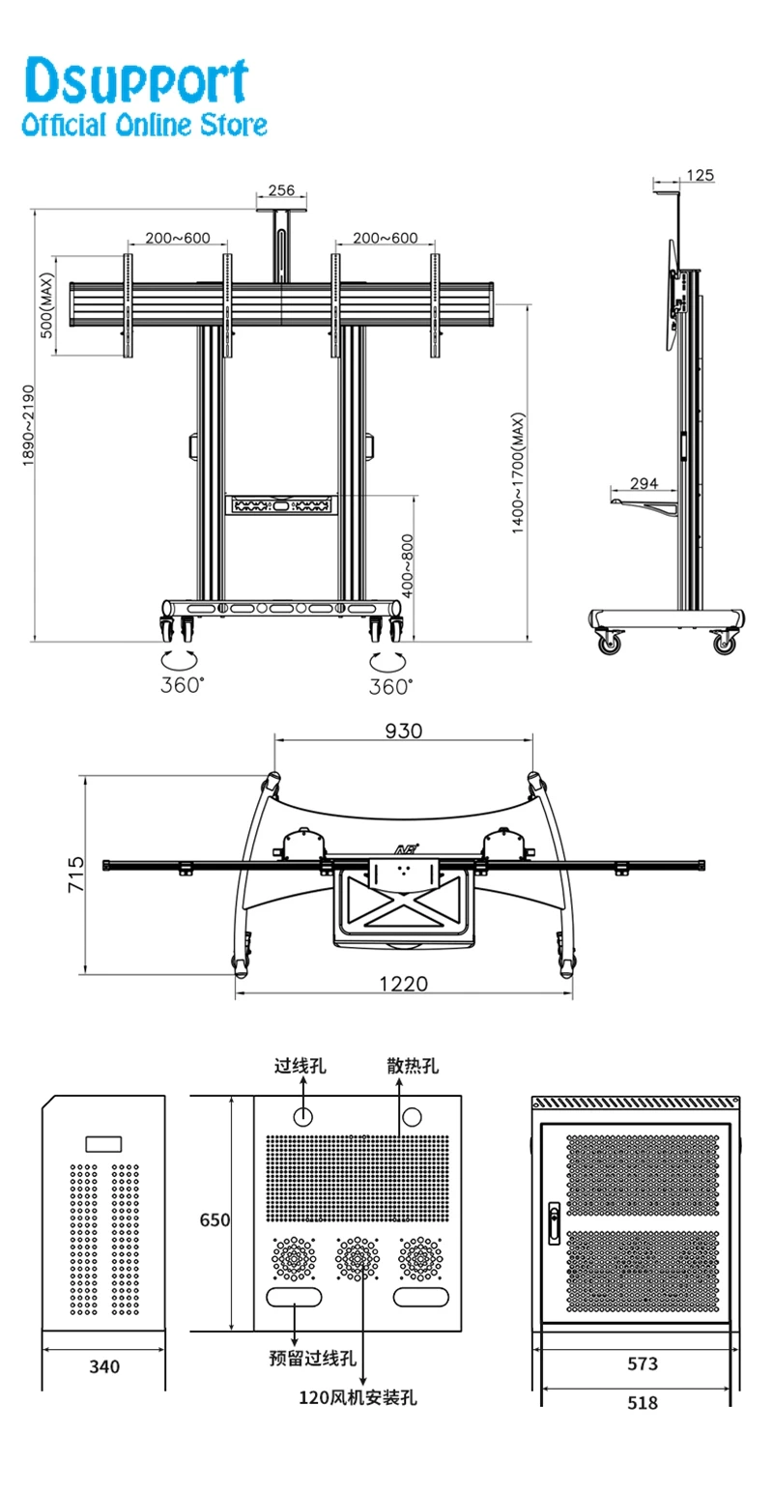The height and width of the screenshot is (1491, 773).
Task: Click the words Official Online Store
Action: coord(144,125)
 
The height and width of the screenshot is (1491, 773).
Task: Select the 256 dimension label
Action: coord(280,190)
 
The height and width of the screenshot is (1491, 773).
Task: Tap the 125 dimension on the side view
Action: coord(700,175)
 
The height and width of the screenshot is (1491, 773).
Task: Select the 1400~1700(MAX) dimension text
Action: coord(519,474)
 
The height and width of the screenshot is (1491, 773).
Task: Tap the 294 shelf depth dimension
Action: coord(644,483)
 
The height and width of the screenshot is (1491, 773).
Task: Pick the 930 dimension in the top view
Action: coord(403,731)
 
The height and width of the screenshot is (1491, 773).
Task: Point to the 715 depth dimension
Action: coord(76,875)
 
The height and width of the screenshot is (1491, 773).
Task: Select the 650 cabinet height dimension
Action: coord(215,1219)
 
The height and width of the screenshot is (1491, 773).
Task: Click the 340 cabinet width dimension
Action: coord(104,1366)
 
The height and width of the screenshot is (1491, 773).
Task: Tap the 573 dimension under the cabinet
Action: coord(642,1363)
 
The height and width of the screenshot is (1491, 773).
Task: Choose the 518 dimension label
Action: coord(642,1401)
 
